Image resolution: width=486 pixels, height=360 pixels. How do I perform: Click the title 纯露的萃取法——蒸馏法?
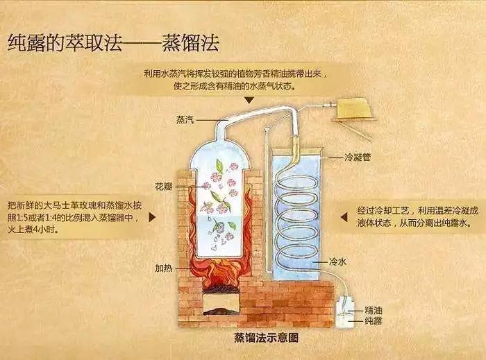coord(113,43)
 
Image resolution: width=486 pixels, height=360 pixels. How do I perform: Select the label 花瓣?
coord(164,187)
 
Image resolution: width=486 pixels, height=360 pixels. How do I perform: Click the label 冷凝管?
coord(357,157)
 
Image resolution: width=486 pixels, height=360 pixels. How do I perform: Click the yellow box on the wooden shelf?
coord(353,108)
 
